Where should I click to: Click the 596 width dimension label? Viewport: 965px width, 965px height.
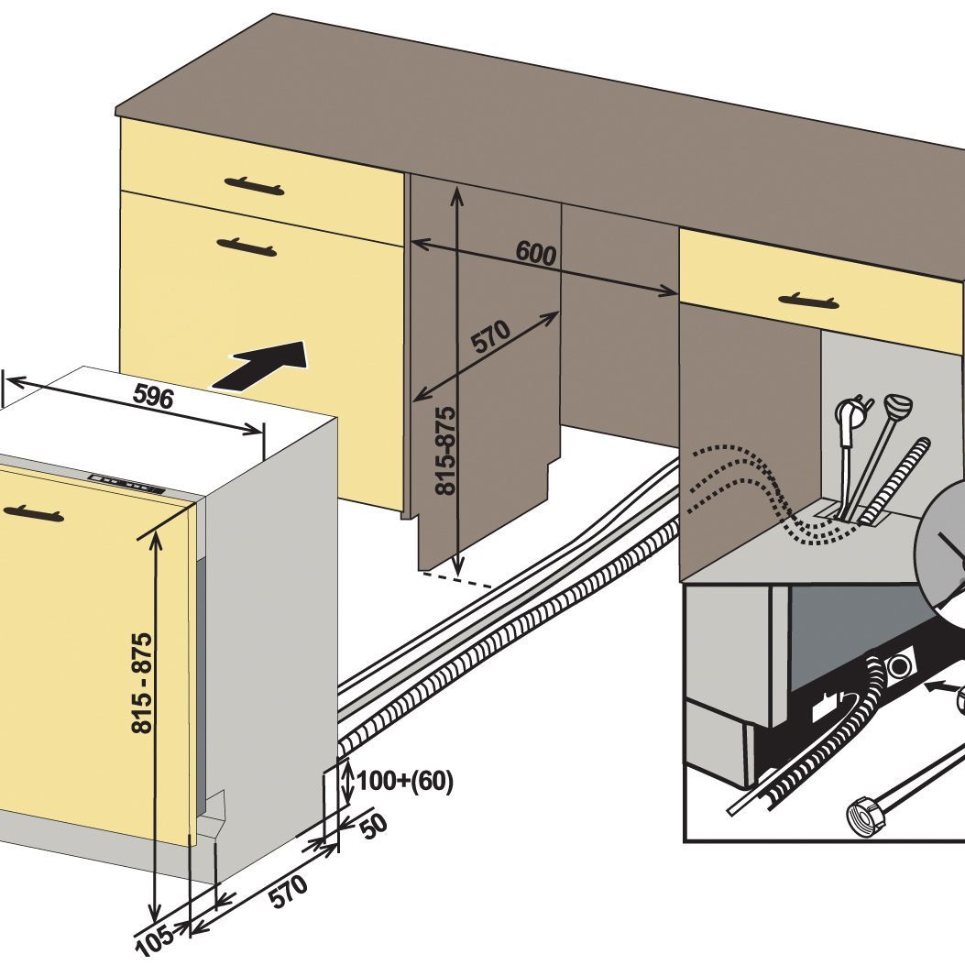153,396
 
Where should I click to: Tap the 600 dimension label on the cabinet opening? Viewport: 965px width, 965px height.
536,253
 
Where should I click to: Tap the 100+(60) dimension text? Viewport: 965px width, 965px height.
405,782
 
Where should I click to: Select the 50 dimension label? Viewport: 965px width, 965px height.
372,827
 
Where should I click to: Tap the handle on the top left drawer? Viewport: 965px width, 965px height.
253,187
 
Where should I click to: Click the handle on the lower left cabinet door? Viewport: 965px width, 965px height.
247,247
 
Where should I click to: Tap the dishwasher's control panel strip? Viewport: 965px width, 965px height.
127,486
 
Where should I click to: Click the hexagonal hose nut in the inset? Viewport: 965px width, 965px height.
861,813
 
